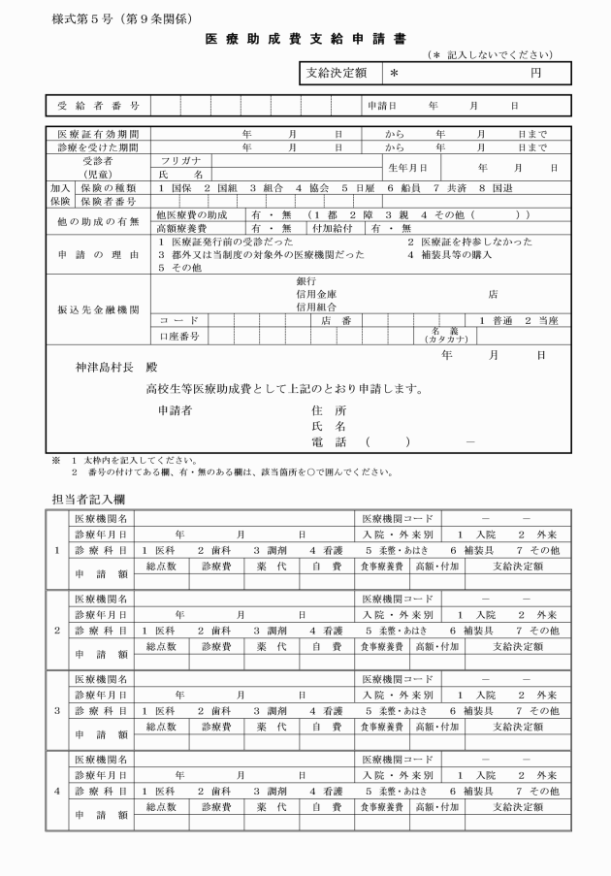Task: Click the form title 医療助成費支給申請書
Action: coord(306,39)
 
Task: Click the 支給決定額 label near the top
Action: coord(337,73)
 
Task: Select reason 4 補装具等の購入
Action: coord(450,254)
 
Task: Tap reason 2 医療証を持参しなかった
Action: coord(469,242)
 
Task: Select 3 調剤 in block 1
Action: coord(272,549)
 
